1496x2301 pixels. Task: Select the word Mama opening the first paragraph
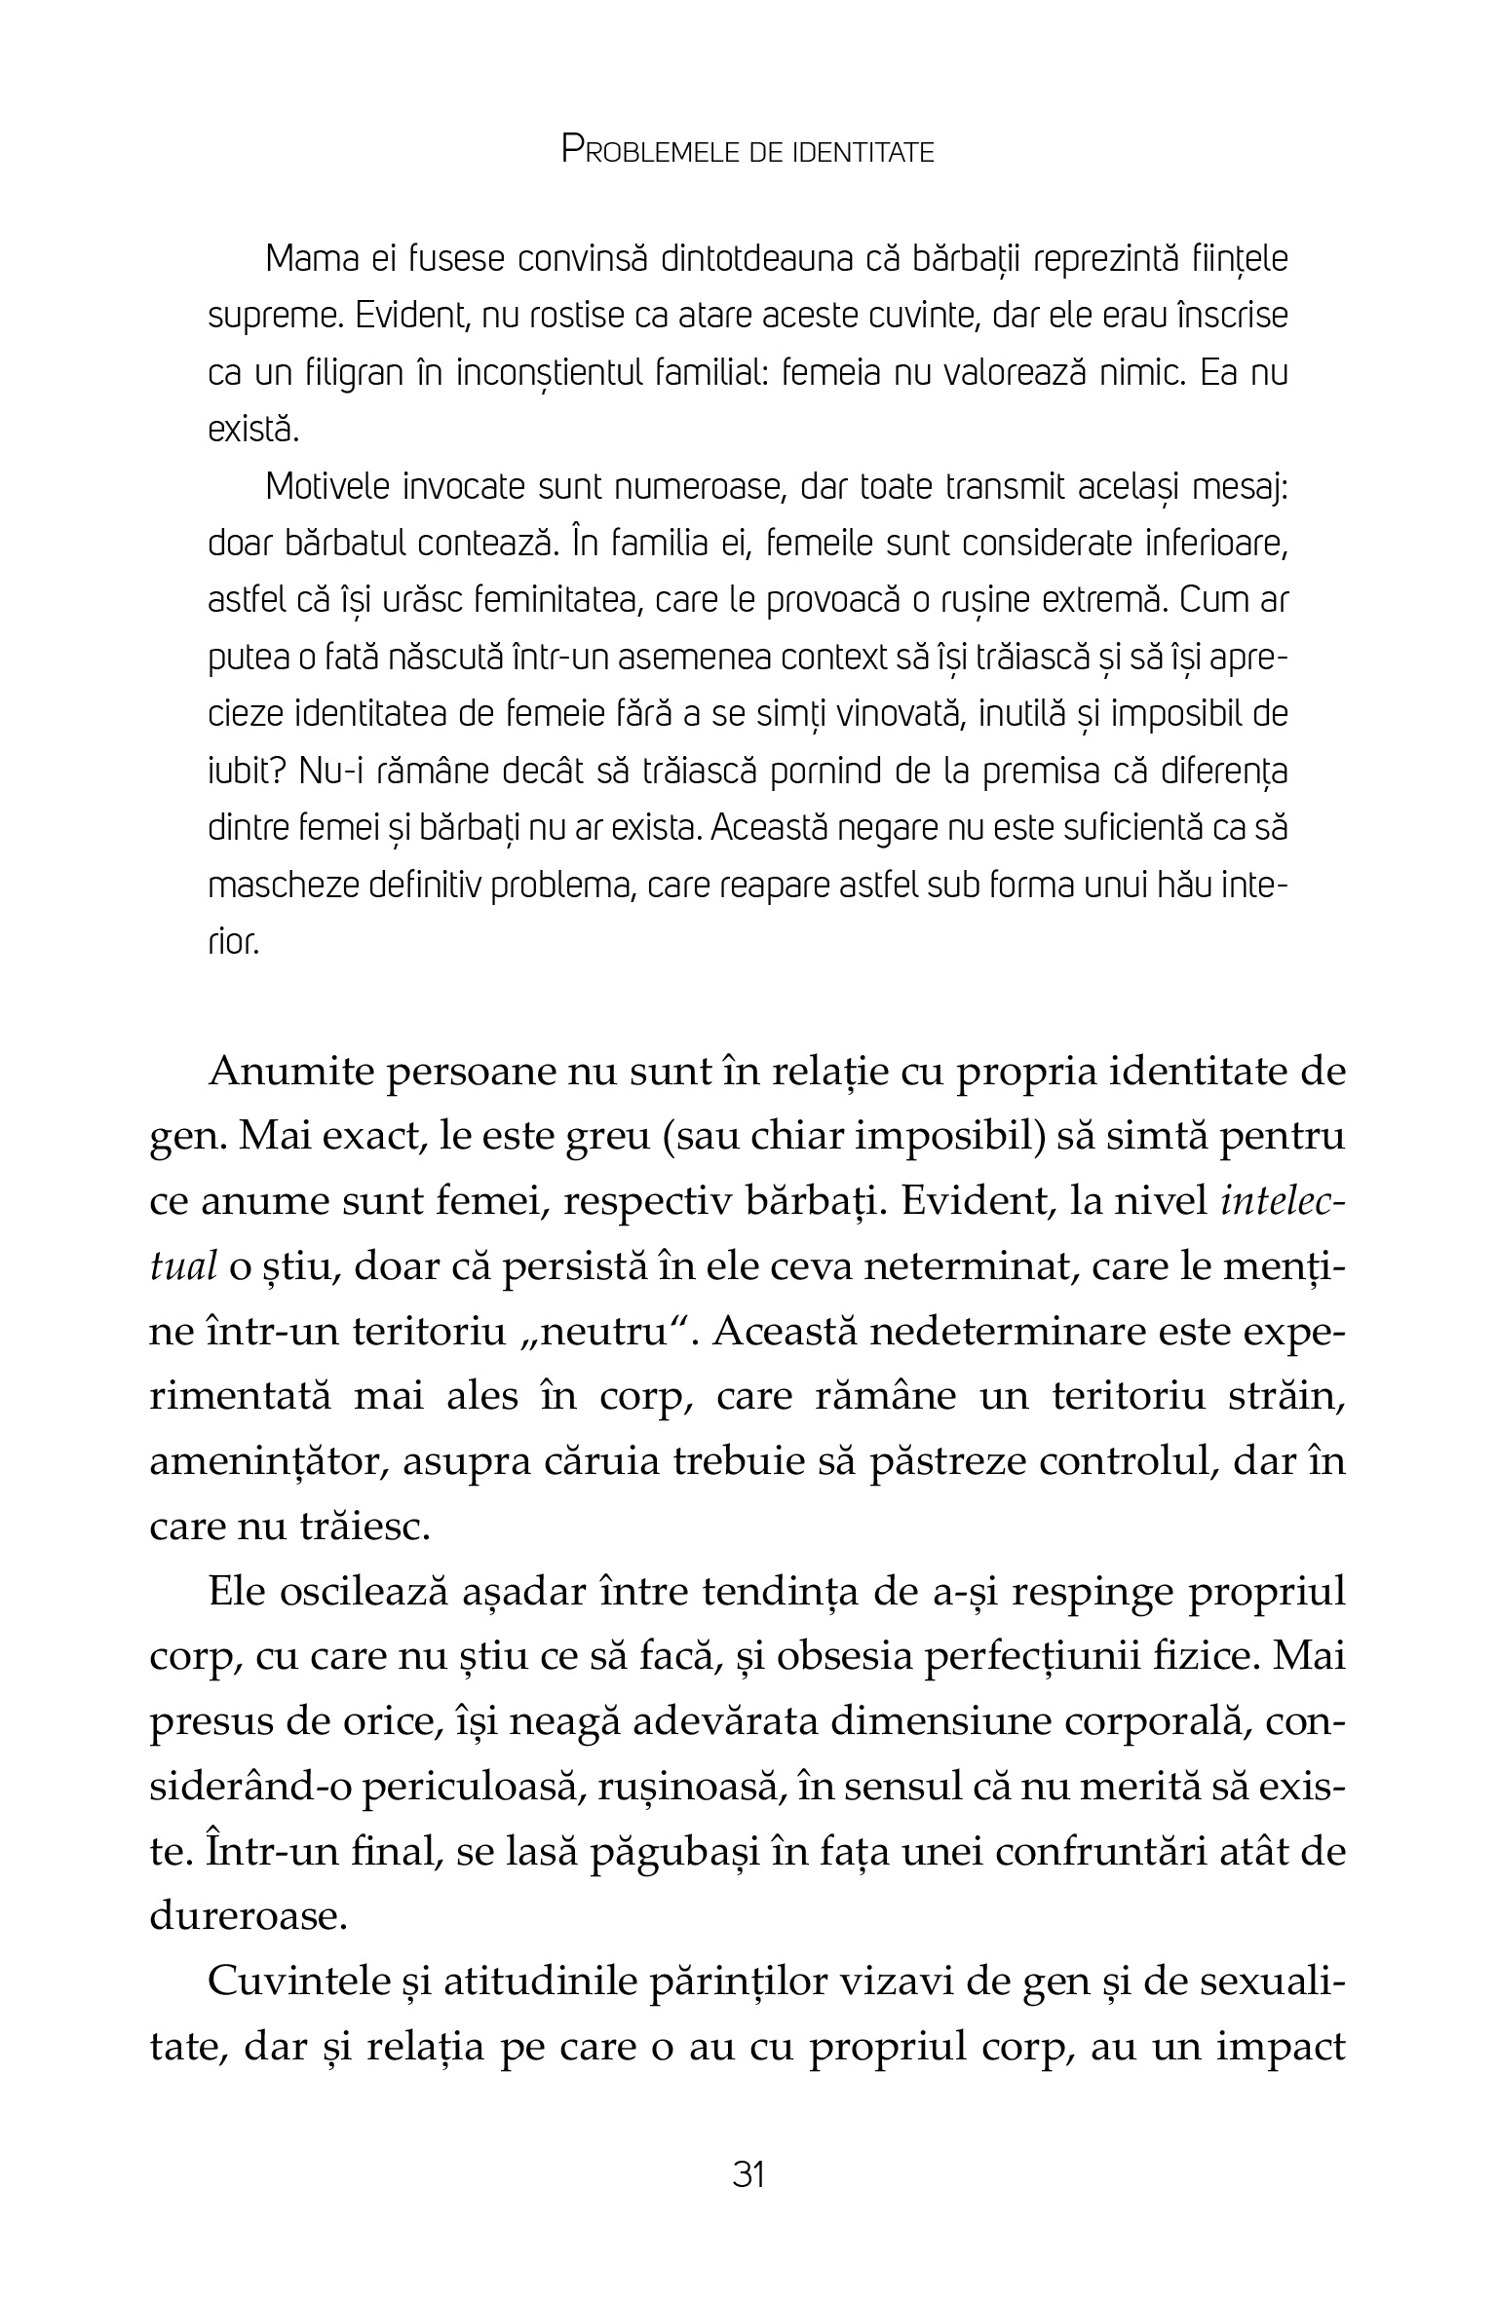(x=309, y=260)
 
